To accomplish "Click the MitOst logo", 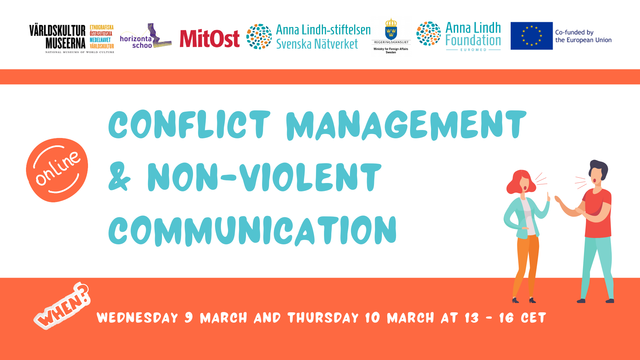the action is click(x=210, y=39).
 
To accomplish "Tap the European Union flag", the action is click(x=532, y=36).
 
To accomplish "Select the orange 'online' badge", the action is click(x=57, y=170).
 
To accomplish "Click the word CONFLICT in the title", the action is click(x=189, y=124).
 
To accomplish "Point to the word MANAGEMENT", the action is click(x=406, y=125).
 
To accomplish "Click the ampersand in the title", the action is click(x=119, y=177).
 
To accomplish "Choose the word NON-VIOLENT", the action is click(x=264, y=177).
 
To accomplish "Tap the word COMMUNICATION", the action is click(x=252, y=231).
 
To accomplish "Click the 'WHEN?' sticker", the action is click(x=62, y=306).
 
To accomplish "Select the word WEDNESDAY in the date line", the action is click(x=137, y=318).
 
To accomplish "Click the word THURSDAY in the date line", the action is click(x=323, y=318).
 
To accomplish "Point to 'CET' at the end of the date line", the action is click(x=533, y=318).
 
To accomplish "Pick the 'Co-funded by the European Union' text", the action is click(x=583, y=36).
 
